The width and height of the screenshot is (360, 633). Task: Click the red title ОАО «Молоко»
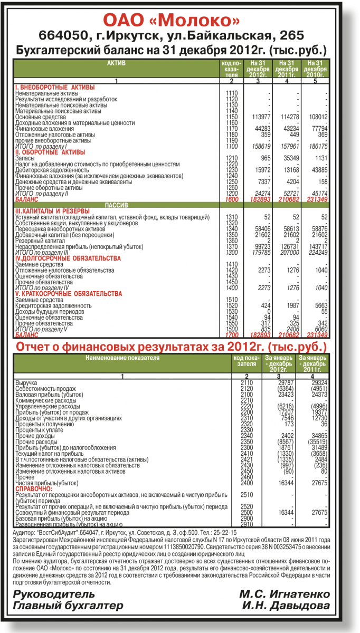coord(171,21)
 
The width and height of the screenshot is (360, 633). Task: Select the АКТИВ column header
coord(116,63)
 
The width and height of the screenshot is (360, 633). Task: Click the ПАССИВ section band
coord(117,205)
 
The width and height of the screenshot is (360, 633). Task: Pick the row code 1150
coord(232,117)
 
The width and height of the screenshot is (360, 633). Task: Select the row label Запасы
coord(25,158)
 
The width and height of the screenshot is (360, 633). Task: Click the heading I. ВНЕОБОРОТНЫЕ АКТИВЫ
coord(55,87)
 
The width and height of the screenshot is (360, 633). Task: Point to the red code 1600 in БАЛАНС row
coord(232,200)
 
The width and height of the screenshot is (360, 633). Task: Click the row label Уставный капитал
coord(36,217)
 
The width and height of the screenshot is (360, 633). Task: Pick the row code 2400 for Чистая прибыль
coord(247,483)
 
